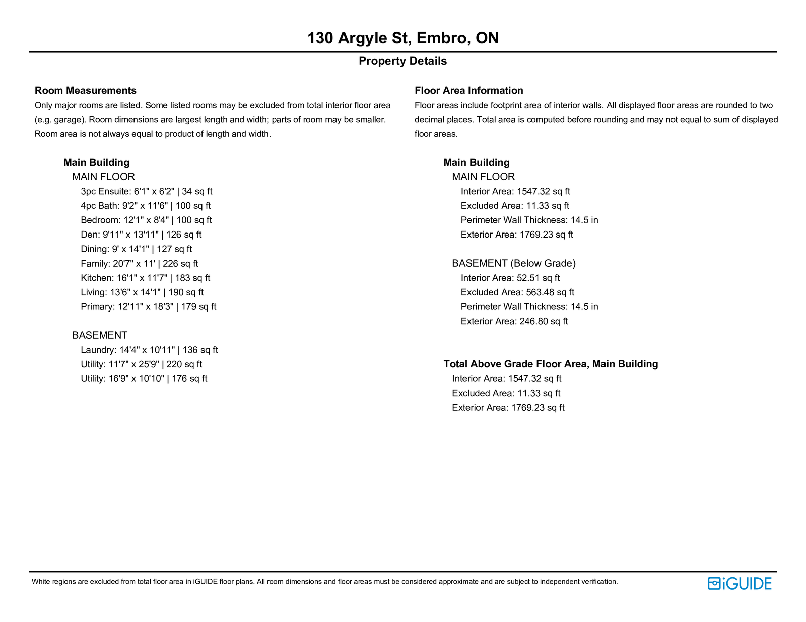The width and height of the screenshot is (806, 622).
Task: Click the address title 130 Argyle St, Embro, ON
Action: point(403,38)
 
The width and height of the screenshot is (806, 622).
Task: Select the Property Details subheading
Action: point(402,61)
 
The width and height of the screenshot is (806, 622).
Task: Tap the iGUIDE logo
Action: point(739,583)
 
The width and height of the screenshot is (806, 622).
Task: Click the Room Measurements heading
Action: point(86,91)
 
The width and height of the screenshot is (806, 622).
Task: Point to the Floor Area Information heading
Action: point(468,91)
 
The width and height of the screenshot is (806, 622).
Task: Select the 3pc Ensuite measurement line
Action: point(146,192)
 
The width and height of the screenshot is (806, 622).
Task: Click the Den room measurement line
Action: point(141,235)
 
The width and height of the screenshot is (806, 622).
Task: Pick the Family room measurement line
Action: point(139,264)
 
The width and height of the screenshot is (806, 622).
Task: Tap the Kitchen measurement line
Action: point(145,278)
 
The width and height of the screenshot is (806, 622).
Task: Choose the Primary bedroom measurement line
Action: point(148,307)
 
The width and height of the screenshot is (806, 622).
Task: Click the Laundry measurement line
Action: point(149,350)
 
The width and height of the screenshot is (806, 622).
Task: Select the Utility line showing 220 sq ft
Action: point(141,365)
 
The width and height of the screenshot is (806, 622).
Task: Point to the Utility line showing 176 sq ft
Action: point(144,379)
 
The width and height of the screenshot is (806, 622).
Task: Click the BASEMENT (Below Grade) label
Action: point(513,264)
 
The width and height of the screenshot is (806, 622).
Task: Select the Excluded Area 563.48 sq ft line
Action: point(517,293)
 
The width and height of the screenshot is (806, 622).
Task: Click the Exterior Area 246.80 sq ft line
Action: point(514,322)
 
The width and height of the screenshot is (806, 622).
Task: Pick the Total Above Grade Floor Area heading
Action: point(551,364)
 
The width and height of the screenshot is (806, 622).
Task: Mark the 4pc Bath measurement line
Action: point(146,206)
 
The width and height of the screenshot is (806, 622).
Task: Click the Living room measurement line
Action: point(142,293)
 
